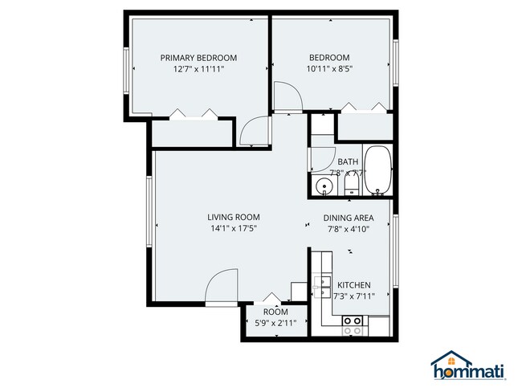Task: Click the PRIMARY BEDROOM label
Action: point(198,57)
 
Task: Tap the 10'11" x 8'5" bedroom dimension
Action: point(330,69)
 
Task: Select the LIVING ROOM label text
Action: point(233,217)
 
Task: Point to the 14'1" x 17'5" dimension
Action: point(233,229)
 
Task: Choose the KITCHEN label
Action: point(353,285)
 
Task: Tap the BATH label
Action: point(348,161)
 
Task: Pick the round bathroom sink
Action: point(324,186)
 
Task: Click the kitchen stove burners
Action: point(352,325)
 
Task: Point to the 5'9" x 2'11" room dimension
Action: point(275,323)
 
